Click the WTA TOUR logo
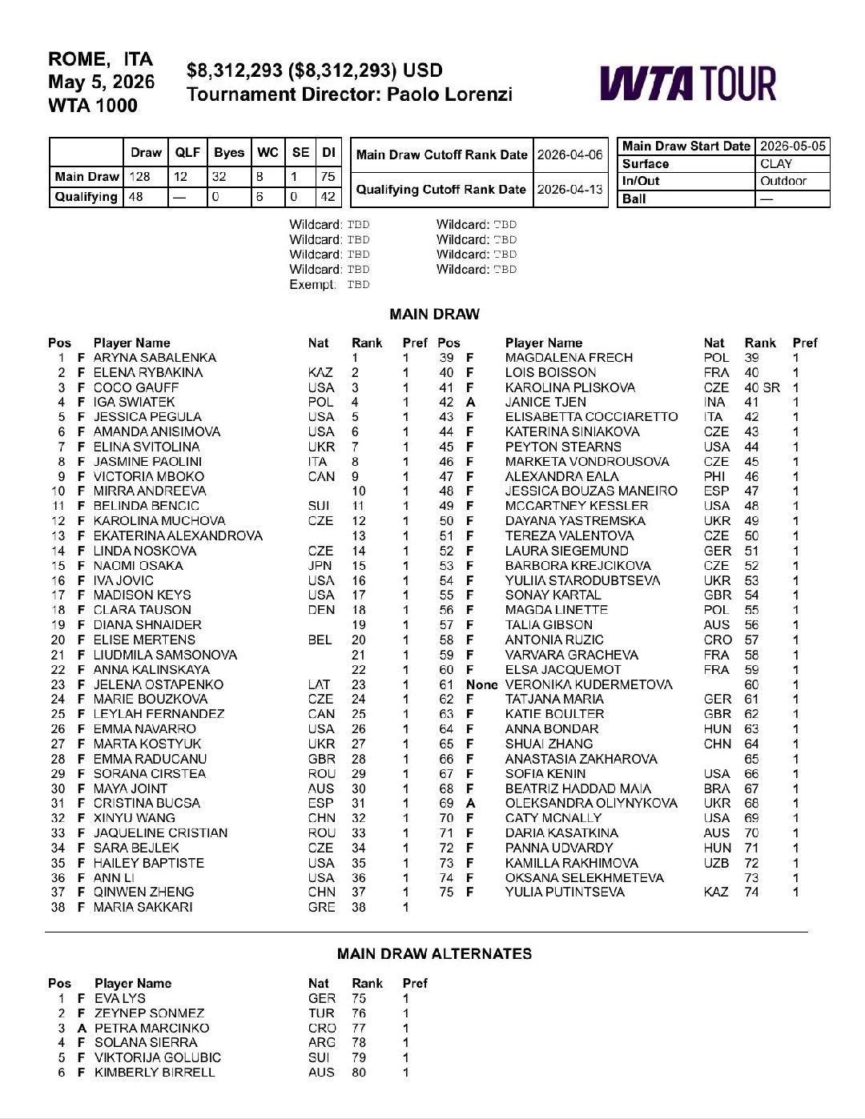click(687, 83)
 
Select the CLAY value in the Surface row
click(775, 163)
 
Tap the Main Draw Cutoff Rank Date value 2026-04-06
click(569, 154)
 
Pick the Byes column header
click(229, 152)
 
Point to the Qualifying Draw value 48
click(137, 196)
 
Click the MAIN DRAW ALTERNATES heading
click(434, 953)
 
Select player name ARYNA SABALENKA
click(155, 358)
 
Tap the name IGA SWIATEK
click(134, 402)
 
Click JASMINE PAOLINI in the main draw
click(147, 461)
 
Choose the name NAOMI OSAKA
click(138, 565)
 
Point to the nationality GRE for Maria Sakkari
click(321, 907)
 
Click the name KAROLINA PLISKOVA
click(569, 387)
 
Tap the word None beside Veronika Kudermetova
click(481, 684)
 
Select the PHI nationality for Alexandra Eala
click(715, 476)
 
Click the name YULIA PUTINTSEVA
click(565, 892)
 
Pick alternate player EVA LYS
click(120, 998)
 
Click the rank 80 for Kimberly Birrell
click(359, 1072)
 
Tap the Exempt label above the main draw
click(312, 284)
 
